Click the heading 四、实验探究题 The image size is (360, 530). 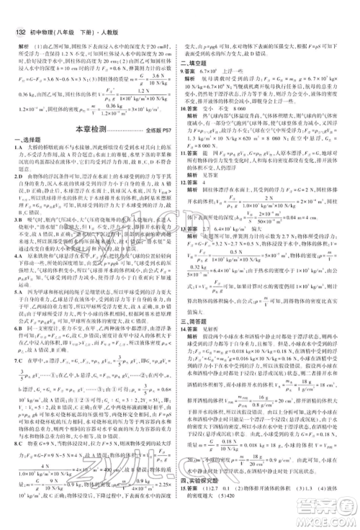[196, 492]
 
